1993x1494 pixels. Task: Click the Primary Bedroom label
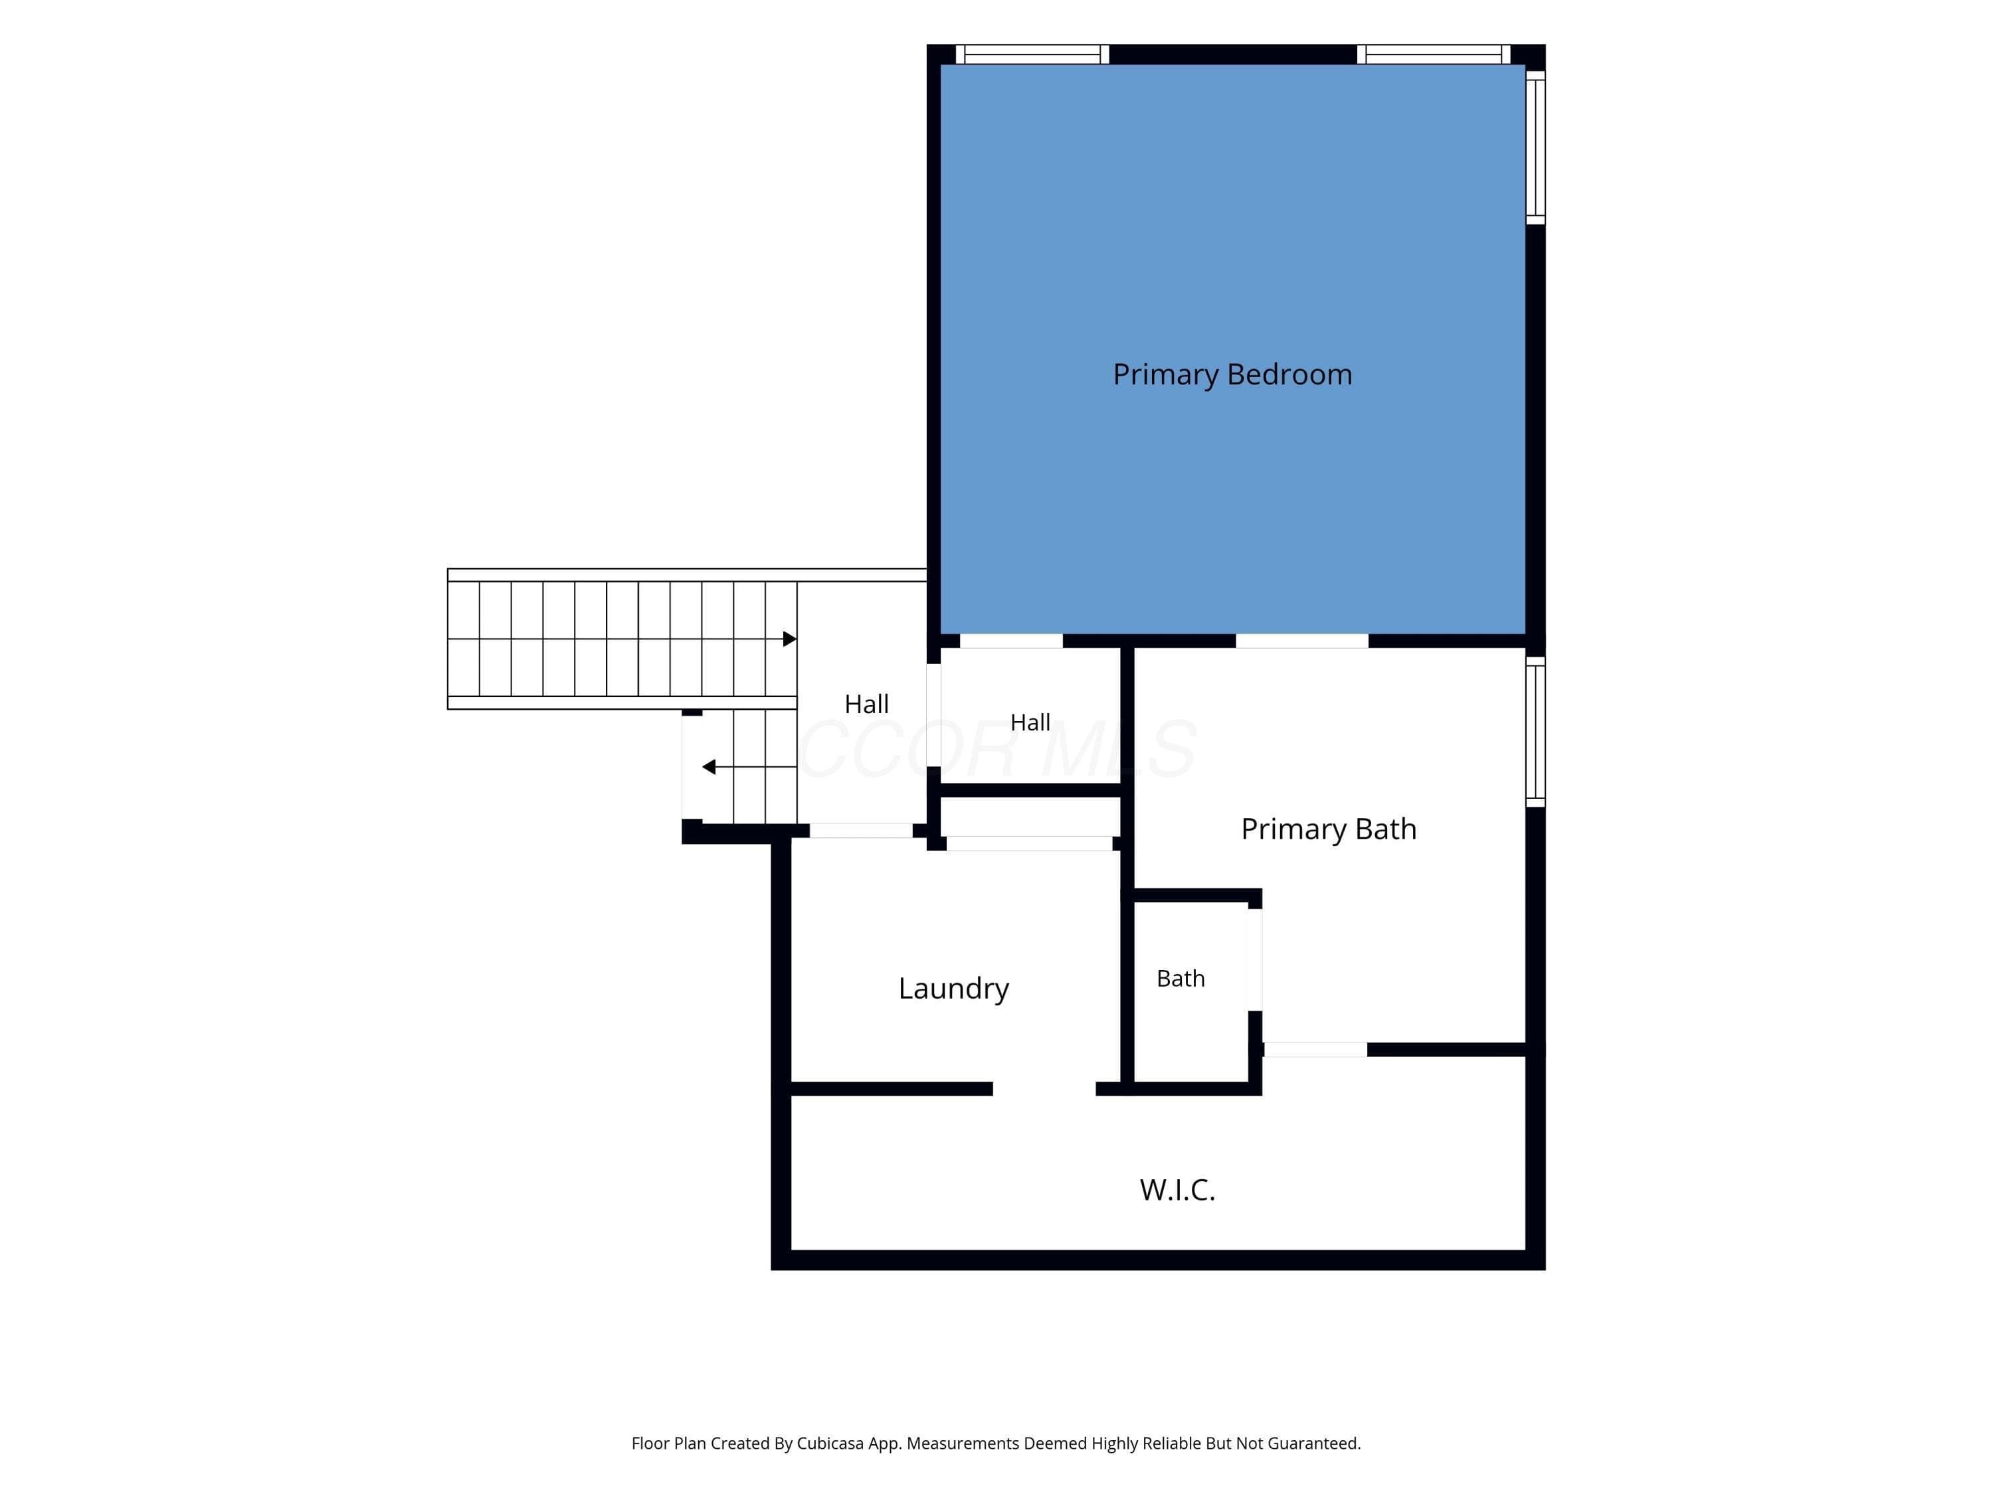(x=1232, y=374)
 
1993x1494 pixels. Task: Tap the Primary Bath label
(x=1328, y=829)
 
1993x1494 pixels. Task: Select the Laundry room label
(x=953, y=989)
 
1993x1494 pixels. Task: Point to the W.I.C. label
(x=1177, y=1190)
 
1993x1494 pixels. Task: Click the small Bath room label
(x=1181, y=978)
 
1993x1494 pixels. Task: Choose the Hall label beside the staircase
(x=866, y=705)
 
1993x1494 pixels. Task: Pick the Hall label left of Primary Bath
(x=1030, y=722)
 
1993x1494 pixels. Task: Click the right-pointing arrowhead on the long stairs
(x=789, y=639)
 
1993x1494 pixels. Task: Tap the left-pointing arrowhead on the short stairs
(x=709, y=768)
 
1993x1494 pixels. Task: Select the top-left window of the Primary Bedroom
(x=1032, y=54)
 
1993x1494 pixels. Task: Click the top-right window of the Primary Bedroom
(x=1434, y=54)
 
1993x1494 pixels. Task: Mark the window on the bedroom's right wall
(x=1535, y=147)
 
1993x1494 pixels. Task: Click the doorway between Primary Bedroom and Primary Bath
(x=1302, y=641)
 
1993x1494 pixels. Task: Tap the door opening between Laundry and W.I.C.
(x=1044, y=1089)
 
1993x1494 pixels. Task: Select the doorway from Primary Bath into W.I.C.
(x=1315, y=1050)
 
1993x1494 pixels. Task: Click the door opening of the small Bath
(x=1254, y=960)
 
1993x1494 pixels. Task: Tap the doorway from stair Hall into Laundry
(x=860, y=831)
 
